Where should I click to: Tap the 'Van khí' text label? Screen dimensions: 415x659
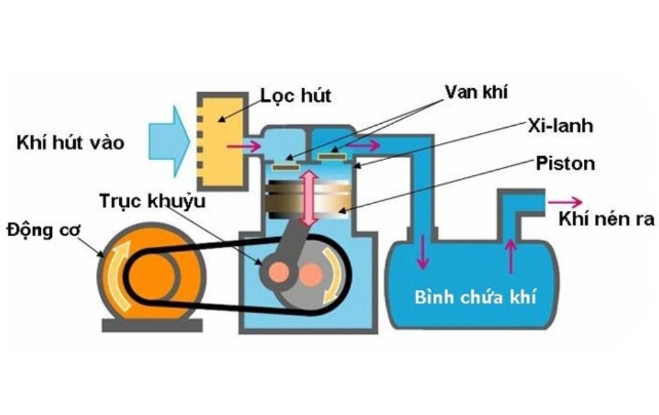click(478, 93)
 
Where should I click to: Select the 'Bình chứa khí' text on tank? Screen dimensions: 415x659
click(474, 296)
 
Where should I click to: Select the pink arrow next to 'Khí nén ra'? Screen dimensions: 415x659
click(569, 202)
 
